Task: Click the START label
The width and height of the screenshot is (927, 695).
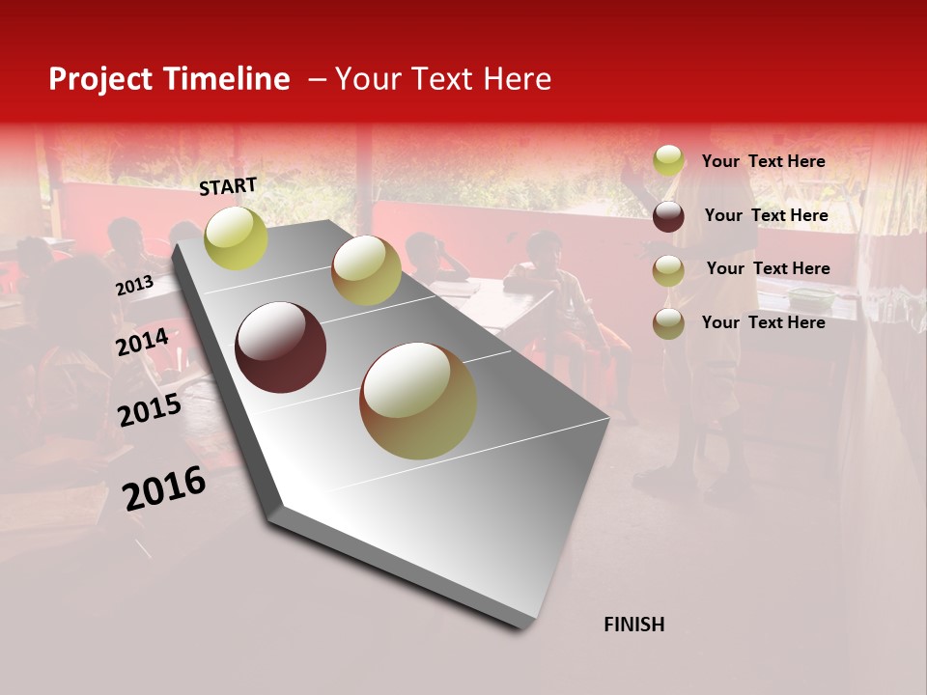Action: pyautogui.click(x=228, y=186)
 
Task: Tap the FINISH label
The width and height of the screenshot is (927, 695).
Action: pyautogui.click(x=633, y=625)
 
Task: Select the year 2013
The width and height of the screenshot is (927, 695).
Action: pyautogui.click(x=134, y=286)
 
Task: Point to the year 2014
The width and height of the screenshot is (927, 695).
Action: pyautogui.click(x=142, y=343)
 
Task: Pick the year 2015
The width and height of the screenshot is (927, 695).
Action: pyautogui.click(x=150, y=410)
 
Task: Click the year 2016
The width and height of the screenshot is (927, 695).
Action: pyautogui.click(x=164, y=488)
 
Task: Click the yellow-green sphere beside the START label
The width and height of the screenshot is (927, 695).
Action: pyautogui.click(x=236, y=237)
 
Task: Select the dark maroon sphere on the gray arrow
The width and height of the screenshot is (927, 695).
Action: pyautogui.click(x=281, y=347)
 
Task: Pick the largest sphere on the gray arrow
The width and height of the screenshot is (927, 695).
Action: pyautogui.click(x=418, y=401)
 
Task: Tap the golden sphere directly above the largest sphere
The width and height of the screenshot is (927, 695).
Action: pyautogui.click(x=366, y=270)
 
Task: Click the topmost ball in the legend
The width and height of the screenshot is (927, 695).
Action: pyautogui.click(x=668, y=160)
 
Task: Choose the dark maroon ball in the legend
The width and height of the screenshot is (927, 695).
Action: pyautogui.click(x=668, y=216)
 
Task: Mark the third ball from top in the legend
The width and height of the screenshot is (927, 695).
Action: pyautogui.click(x=668, y=270)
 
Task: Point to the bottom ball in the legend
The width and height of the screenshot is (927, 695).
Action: pyautogui.click(x=668, y=322)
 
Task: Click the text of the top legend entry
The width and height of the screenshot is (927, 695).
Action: pyautogui.click(x=763, y=161)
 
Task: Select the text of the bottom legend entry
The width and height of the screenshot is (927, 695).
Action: pyautogui.click(x=763, y=322)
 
